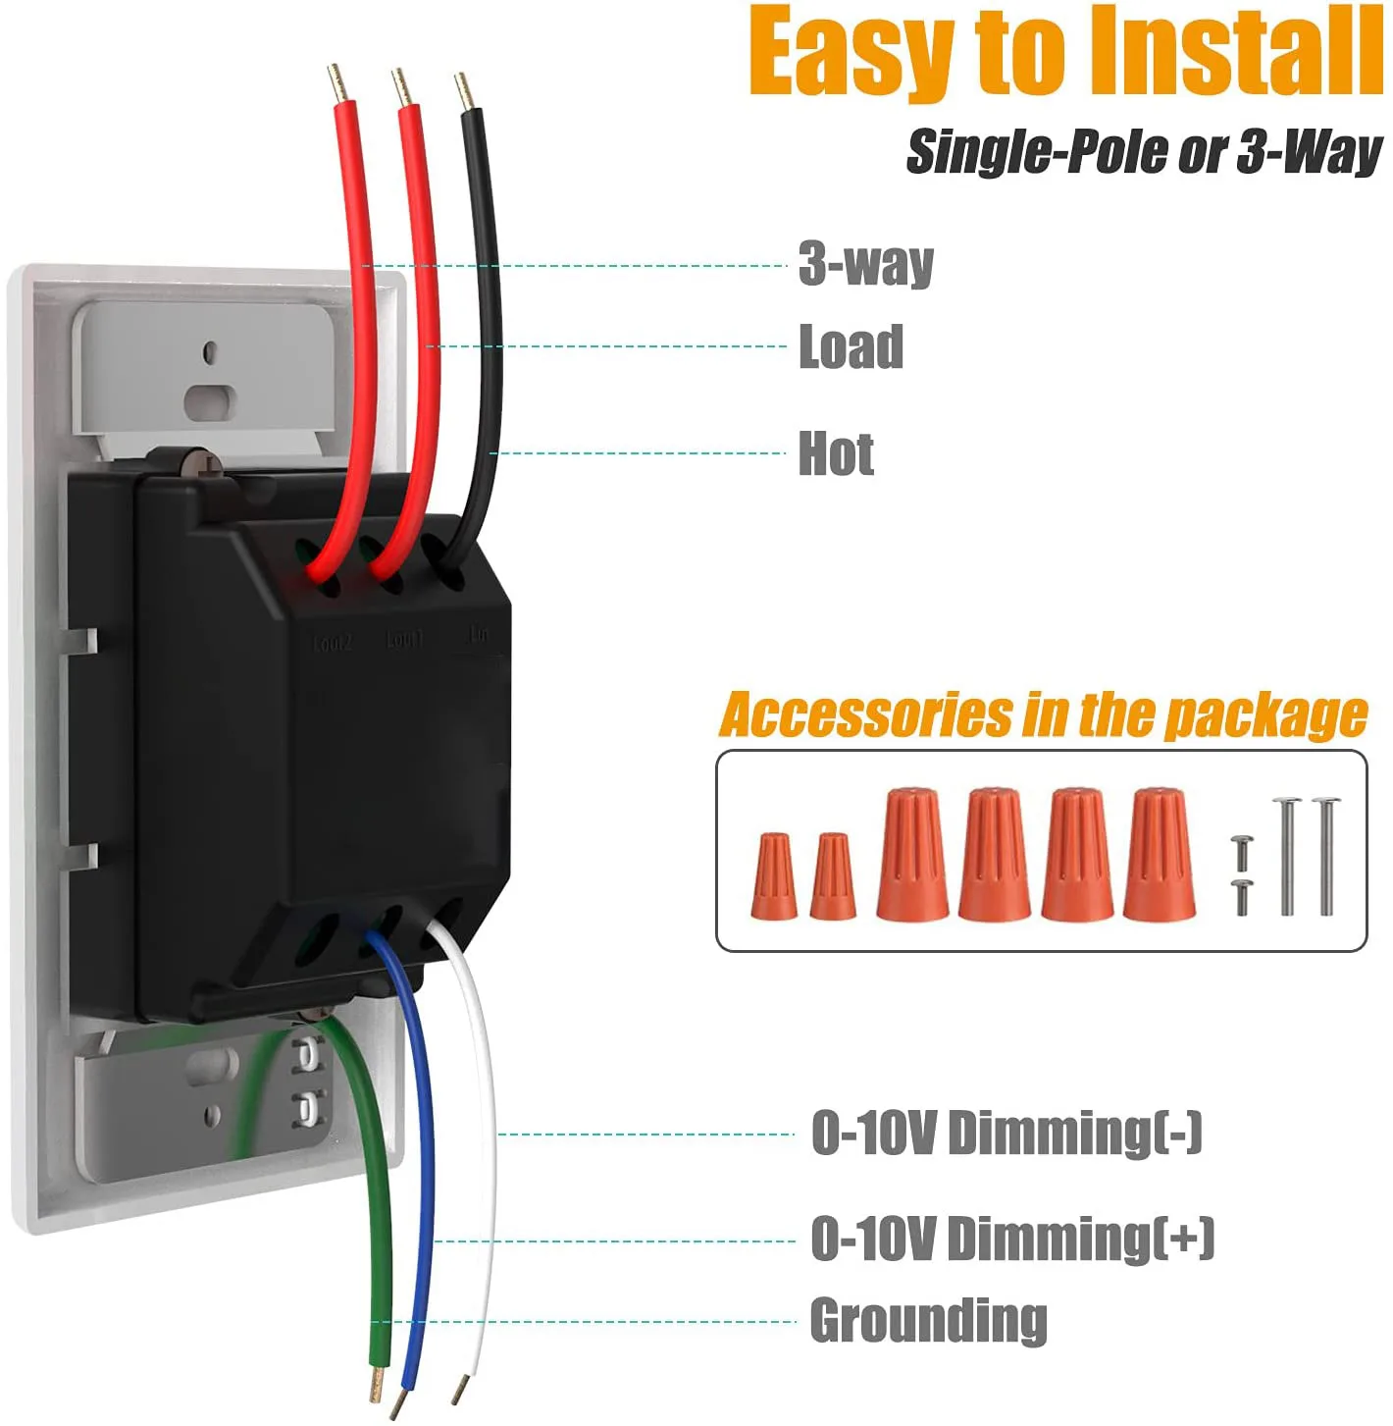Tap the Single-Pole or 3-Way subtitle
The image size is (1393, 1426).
click(x=1143, y=152)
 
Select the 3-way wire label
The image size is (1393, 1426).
click(x=865, y=265)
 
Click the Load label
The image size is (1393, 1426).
click(x=851, y=347)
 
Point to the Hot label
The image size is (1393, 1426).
click(x=836, y=453)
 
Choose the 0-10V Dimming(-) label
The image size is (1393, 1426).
click(x=1006, y=1134)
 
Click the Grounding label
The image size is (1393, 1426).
click(x=928, y=1321)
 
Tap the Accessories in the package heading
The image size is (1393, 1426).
click(x=1043, y=714)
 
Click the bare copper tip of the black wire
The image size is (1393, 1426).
click(x=464, y=91)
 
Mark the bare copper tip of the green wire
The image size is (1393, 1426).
click(x=376, y=1384)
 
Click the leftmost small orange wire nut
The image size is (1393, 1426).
click(x=773, y=876)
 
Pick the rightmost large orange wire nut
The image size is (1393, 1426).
click(x=1159, y=855)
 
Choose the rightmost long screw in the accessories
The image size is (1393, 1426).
click(x=1326, y=856)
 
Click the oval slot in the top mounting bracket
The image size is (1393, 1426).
click(x=210, y=399)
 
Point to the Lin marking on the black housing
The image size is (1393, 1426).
click(x=478, y=635)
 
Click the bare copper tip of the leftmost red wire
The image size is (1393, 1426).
click(x=338, y=82)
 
